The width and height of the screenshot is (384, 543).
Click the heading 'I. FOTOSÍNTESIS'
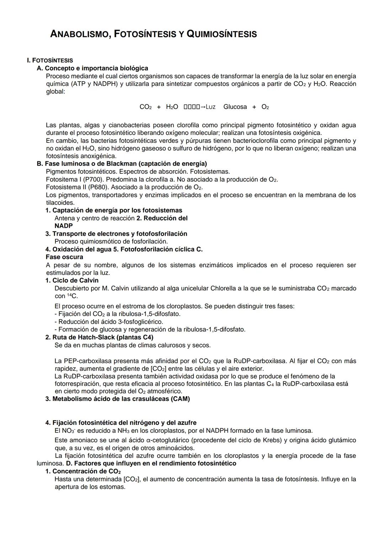[50, 60]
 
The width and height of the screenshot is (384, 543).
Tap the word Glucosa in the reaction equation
[235, 107]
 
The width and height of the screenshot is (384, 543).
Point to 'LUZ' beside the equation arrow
[210, 107]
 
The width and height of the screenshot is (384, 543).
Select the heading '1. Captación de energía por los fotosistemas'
[114, 210]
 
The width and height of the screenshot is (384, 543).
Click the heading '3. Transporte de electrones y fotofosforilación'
[116, 234]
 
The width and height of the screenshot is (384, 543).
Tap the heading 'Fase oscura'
[64, 257]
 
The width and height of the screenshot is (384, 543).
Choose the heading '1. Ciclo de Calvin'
[72, 280]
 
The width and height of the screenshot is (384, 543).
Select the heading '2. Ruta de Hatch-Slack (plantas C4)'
[99, 337]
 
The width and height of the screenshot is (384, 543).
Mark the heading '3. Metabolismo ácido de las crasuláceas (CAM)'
[118, 399]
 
